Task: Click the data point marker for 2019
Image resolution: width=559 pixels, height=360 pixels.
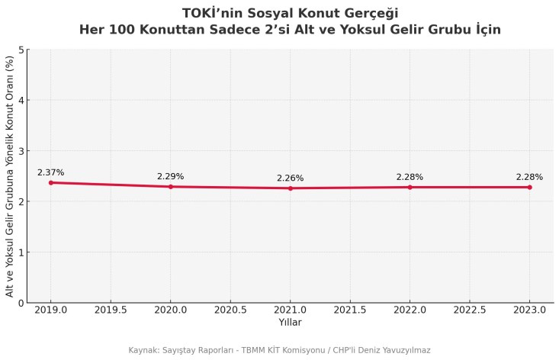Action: point(51,182)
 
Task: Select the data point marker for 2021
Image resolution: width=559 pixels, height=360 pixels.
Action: point(291,188)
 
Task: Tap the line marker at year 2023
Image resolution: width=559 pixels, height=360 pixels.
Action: point(529,187)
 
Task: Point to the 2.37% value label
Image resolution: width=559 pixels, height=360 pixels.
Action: point(51,172)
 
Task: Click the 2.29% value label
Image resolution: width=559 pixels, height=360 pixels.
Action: point(171,176)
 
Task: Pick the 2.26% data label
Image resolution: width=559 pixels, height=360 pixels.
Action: point(291,178)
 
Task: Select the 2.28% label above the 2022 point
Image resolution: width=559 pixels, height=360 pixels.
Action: point(410,177)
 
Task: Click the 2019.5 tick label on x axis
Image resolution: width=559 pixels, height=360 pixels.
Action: point(111,310)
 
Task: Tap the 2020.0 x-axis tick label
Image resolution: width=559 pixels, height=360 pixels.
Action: point(171,310)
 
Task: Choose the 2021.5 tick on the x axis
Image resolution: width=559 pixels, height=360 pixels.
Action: point(350,310)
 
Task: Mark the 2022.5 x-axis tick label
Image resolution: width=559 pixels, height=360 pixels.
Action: point(470,310)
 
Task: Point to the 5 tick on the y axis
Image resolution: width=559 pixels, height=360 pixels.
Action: point(21,50)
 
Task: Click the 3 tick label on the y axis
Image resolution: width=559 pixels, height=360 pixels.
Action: point(21,151)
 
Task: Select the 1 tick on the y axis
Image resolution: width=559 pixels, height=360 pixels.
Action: point(21,252)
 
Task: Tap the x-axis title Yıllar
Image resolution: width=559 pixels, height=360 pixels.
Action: point(290,323)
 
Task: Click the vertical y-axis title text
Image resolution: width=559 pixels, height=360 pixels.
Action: point(10,176)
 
